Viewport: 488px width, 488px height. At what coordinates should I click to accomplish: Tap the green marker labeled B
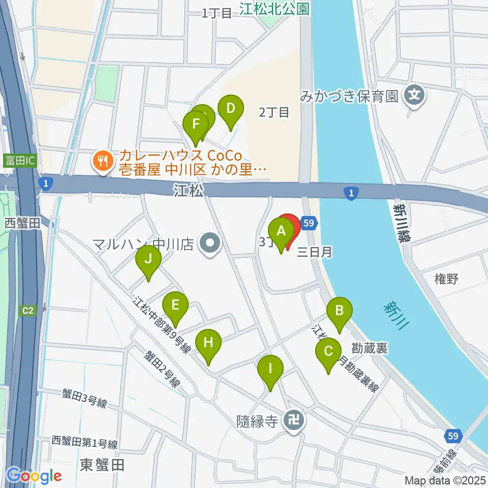[x=340, y=310]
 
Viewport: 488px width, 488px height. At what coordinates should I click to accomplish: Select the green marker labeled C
[x=328, y=352]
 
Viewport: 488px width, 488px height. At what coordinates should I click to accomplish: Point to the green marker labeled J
[x=148, y=259]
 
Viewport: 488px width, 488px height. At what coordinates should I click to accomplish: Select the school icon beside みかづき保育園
[x=415, y=95]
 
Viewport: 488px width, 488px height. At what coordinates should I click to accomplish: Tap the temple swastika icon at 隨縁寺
[x=294, y=421]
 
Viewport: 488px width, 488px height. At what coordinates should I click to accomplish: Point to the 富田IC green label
[x=20, y=161]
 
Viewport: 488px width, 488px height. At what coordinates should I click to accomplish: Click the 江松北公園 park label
[x=275, y=9]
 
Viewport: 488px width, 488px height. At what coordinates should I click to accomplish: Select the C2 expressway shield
[x=28, y=310]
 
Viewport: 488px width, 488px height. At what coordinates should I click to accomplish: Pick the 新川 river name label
[x=396, y=315]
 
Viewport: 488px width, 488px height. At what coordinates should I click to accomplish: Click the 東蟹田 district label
[x=102, y=464]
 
